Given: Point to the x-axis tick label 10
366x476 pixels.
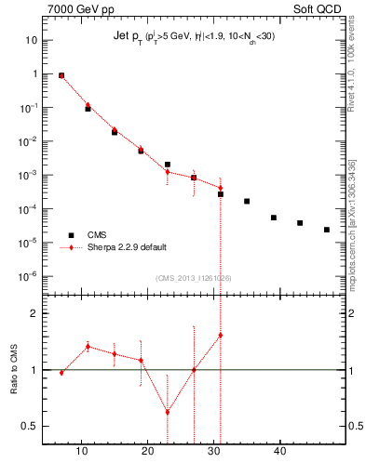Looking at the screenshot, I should click(x=82, y=451).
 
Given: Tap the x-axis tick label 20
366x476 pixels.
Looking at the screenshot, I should click(x=147, y=451).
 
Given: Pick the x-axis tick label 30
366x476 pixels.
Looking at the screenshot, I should click(x=213, y=451).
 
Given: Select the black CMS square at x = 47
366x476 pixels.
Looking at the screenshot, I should click(x=327, y=230).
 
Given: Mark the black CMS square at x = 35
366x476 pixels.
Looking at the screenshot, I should click(x=247, y=201).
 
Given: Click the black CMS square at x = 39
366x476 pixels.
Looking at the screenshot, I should click(x=274, y=218).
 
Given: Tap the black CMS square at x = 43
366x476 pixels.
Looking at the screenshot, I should click(x=300, y=223).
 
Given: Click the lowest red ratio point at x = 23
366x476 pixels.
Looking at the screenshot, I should click(x=168, y=412).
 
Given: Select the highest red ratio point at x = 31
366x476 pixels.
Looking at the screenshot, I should click(x=221, y=335).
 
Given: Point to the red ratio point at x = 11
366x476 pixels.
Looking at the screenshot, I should click(x=88, y=347).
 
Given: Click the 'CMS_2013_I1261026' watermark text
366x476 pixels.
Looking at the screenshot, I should click(x=195, y=277).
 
